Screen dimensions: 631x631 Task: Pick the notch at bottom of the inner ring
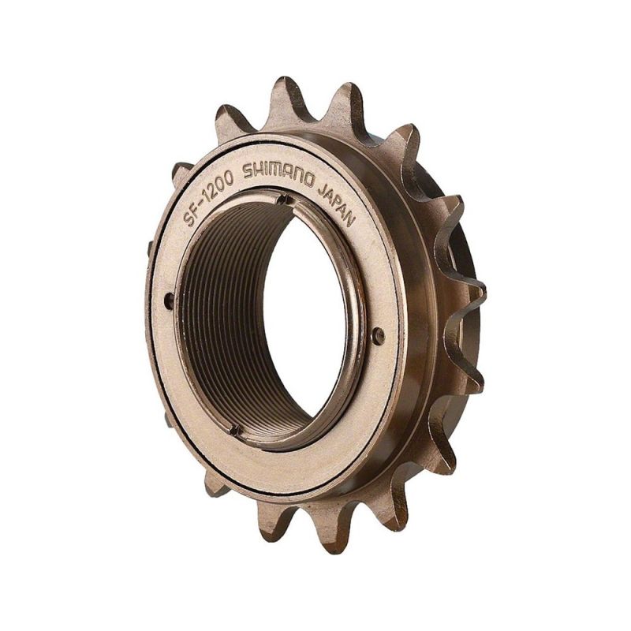click(235, 429)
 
